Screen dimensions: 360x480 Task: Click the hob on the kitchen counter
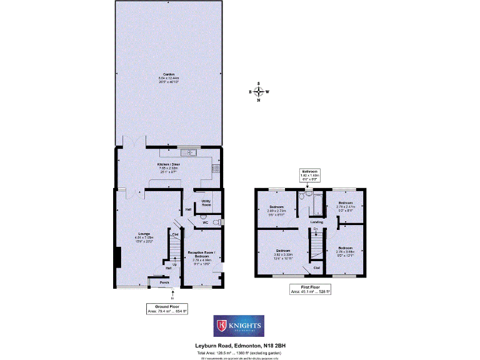(x=216, y=168)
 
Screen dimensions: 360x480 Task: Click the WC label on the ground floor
(x=205, y=222)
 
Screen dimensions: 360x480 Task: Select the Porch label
(x=164, y=282)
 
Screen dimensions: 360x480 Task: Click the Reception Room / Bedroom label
(x=201, y=254)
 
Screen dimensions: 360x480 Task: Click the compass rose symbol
(x=259, y=92)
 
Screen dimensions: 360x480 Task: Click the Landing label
(x=317, y=221)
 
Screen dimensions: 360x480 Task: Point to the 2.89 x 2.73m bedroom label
(x=277, y=209)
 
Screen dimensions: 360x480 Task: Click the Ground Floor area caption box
(x=167, y=309)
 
